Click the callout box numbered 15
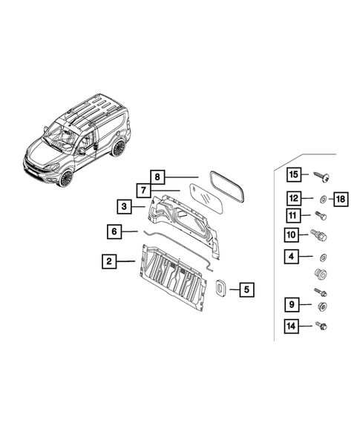point(294,174)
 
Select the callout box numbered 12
point(294,198)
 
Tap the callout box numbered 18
point(341,198)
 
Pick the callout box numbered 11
point(294,216)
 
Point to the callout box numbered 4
point(294,257)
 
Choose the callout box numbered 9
point(294,304)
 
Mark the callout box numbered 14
point(294,325)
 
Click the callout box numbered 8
point(157,177)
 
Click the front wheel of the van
point(67,178)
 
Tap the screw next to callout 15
point(324,175)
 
